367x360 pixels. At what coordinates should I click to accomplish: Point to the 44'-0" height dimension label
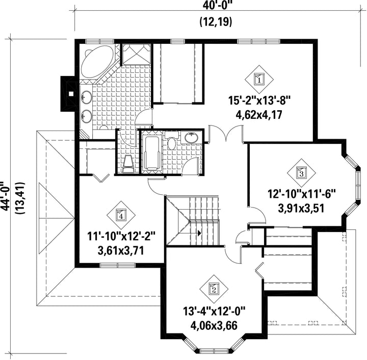click(x=6, y=198)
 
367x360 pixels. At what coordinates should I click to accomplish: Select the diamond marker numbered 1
click(x=259, y=80)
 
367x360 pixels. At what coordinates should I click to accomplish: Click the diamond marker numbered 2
click(x=214, y=289)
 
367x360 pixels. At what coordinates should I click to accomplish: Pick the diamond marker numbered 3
click(x=301, y=173)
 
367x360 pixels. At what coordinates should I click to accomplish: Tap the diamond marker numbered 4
click(x=121, y=215)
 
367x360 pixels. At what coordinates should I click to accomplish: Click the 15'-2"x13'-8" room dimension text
click(x=259, y=101)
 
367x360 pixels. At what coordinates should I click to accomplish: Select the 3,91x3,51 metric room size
click(x=301, y=208)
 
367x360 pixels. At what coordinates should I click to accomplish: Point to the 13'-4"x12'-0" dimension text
click(x=214, y=312)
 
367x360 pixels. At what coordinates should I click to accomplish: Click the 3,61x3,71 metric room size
click(x=121, y=251)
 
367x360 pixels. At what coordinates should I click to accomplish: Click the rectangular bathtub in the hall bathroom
click(x=152, y=152)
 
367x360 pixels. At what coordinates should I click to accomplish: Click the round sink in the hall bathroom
click(x=192, y=137)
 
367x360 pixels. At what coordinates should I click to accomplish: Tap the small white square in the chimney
click(x=71, y=94)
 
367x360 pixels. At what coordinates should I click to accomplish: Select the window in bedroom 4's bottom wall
click(x=118, y=265)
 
